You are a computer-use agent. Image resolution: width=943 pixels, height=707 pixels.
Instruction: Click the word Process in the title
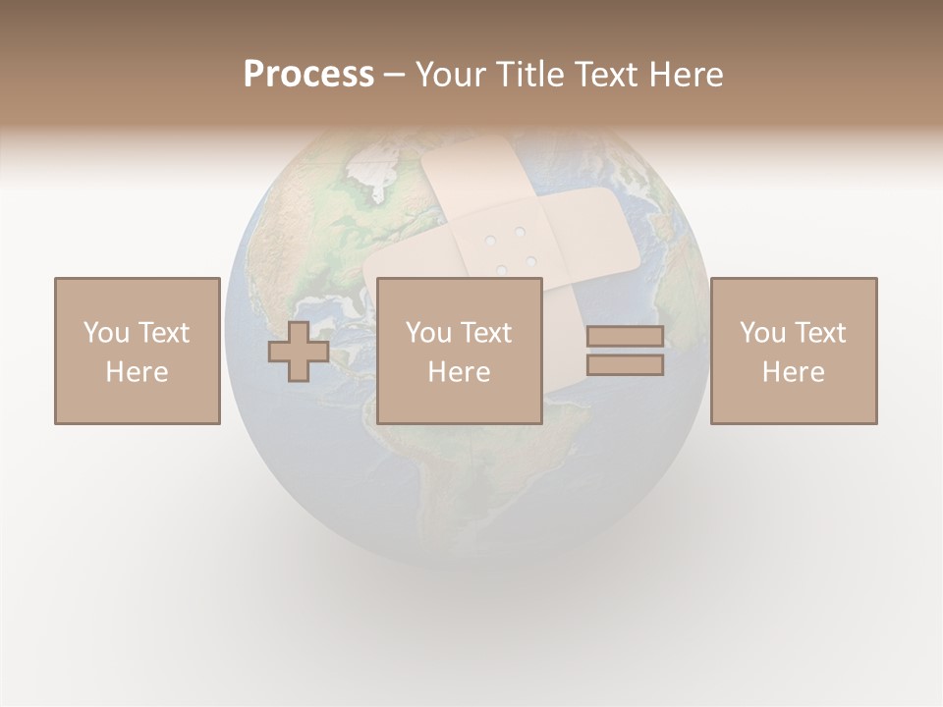coord(308,75)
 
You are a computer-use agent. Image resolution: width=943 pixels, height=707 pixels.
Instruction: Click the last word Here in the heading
coord(686,75)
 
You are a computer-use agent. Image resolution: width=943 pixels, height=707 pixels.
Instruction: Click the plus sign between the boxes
coord(299,352)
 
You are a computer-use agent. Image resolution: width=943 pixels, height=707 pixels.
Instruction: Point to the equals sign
coord(625,351)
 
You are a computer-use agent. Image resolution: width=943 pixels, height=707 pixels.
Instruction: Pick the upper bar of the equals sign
coord(625,336)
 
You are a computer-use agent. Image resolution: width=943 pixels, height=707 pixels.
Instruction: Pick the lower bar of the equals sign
coord(625,365)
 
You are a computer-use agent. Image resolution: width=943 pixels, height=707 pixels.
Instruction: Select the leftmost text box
coord(138,351)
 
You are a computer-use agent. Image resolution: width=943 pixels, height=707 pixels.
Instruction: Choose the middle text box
coord(460,351)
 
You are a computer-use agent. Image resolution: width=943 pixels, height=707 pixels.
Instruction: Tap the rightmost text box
coord(794,351)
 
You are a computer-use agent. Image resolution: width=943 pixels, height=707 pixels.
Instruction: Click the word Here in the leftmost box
coord(138,372)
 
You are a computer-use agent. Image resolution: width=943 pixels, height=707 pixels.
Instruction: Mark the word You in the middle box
coord(428,333)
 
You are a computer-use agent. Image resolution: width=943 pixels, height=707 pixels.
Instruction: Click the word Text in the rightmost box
coord(820,333)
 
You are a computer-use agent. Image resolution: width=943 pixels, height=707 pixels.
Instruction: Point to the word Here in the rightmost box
coord(794,372)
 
